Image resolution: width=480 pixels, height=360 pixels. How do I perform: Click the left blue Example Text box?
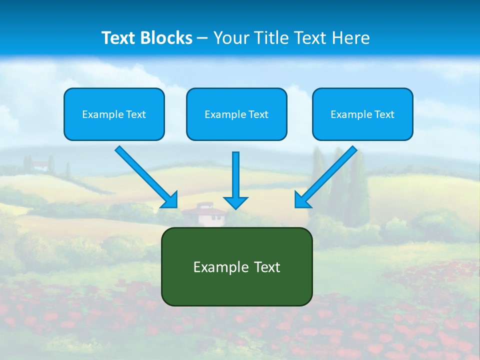(114, 114)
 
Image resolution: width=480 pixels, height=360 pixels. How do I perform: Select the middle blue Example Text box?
(236, 114)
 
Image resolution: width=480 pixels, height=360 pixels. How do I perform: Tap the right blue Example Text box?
(362, 114)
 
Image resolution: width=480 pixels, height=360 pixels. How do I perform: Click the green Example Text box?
(236, 267)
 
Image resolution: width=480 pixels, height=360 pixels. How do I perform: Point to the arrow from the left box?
(145, 176)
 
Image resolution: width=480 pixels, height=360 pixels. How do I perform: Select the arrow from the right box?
(326, 176)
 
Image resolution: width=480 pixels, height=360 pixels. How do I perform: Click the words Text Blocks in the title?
(147, 38)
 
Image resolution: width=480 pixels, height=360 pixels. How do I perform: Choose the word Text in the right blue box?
(384, 114)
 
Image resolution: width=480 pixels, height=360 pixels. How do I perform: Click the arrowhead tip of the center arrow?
(235, 208)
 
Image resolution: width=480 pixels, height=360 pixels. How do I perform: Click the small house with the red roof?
(204, 214)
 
